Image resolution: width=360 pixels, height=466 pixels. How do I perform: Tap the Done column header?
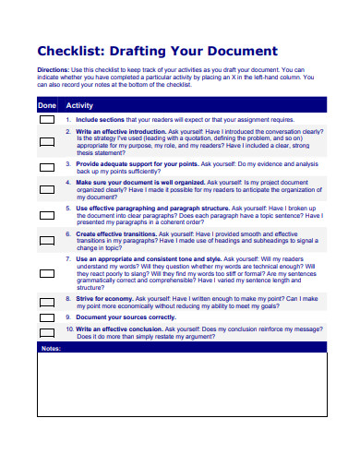[x=46, y=105]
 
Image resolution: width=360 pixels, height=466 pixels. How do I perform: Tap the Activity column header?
[x=80, y=105]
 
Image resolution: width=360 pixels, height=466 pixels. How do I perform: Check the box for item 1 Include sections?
[x=46, y=120]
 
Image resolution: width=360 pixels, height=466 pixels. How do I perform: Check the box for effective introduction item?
[x=46, y=142]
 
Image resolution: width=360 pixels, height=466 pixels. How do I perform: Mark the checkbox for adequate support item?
[x=46, y=168]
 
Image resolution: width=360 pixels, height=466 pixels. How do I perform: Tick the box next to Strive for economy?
[x=46, y=302]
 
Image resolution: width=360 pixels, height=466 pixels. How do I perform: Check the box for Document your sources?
[x=46, y=317]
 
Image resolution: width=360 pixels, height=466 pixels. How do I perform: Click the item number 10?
[x=69, y=329]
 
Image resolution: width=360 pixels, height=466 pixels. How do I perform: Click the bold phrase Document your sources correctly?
[x=126, y=317]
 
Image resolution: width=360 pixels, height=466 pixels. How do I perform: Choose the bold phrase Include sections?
[x=100, y=120]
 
